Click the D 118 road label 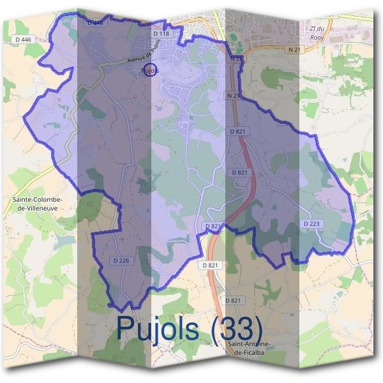pyautogui.click(x=161, y=33)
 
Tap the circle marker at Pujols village pyautogui.click(x=149, y=70)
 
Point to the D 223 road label pyautogui.click(x=312, y=223)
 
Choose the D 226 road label pyautogui.click(x=121, y=260)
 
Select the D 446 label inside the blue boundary pyautogui.click(x=94, y=22)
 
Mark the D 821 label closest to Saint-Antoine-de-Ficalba pyautogui.click(x=234, y=300)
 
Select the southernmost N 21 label pyautogui.click(x=234, y=96)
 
